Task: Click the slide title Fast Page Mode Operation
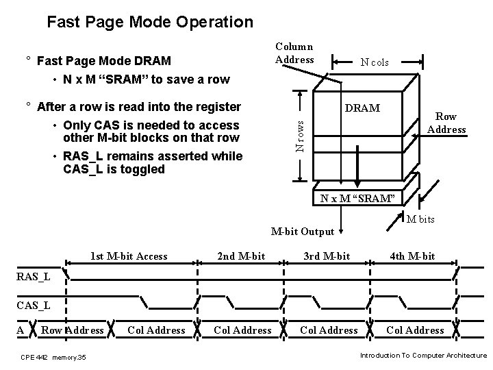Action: coord(149,22)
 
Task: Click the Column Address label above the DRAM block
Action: coord(294,53)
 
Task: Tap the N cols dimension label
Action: coord(375,62)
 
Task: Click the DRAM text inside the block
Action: coord(364,109)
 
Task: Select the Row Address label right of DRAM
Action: coord(446,123)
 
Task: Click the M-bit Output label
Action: coord(302,232)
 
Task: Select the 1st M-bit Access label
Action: coord(129,256)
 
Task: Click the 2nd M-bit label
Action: coord(241,256)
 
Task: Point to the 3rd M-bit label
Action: coord(327,256)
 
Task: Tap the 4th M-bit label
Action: coord(412,256)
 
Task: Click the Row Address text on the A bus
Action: coord(73,330)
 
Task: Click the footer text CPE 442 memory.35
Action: coord(53,357)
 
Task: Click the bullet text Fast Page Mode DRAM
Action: coord(103,62)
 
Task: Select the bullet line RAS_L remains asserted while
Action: coord(152,156)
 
